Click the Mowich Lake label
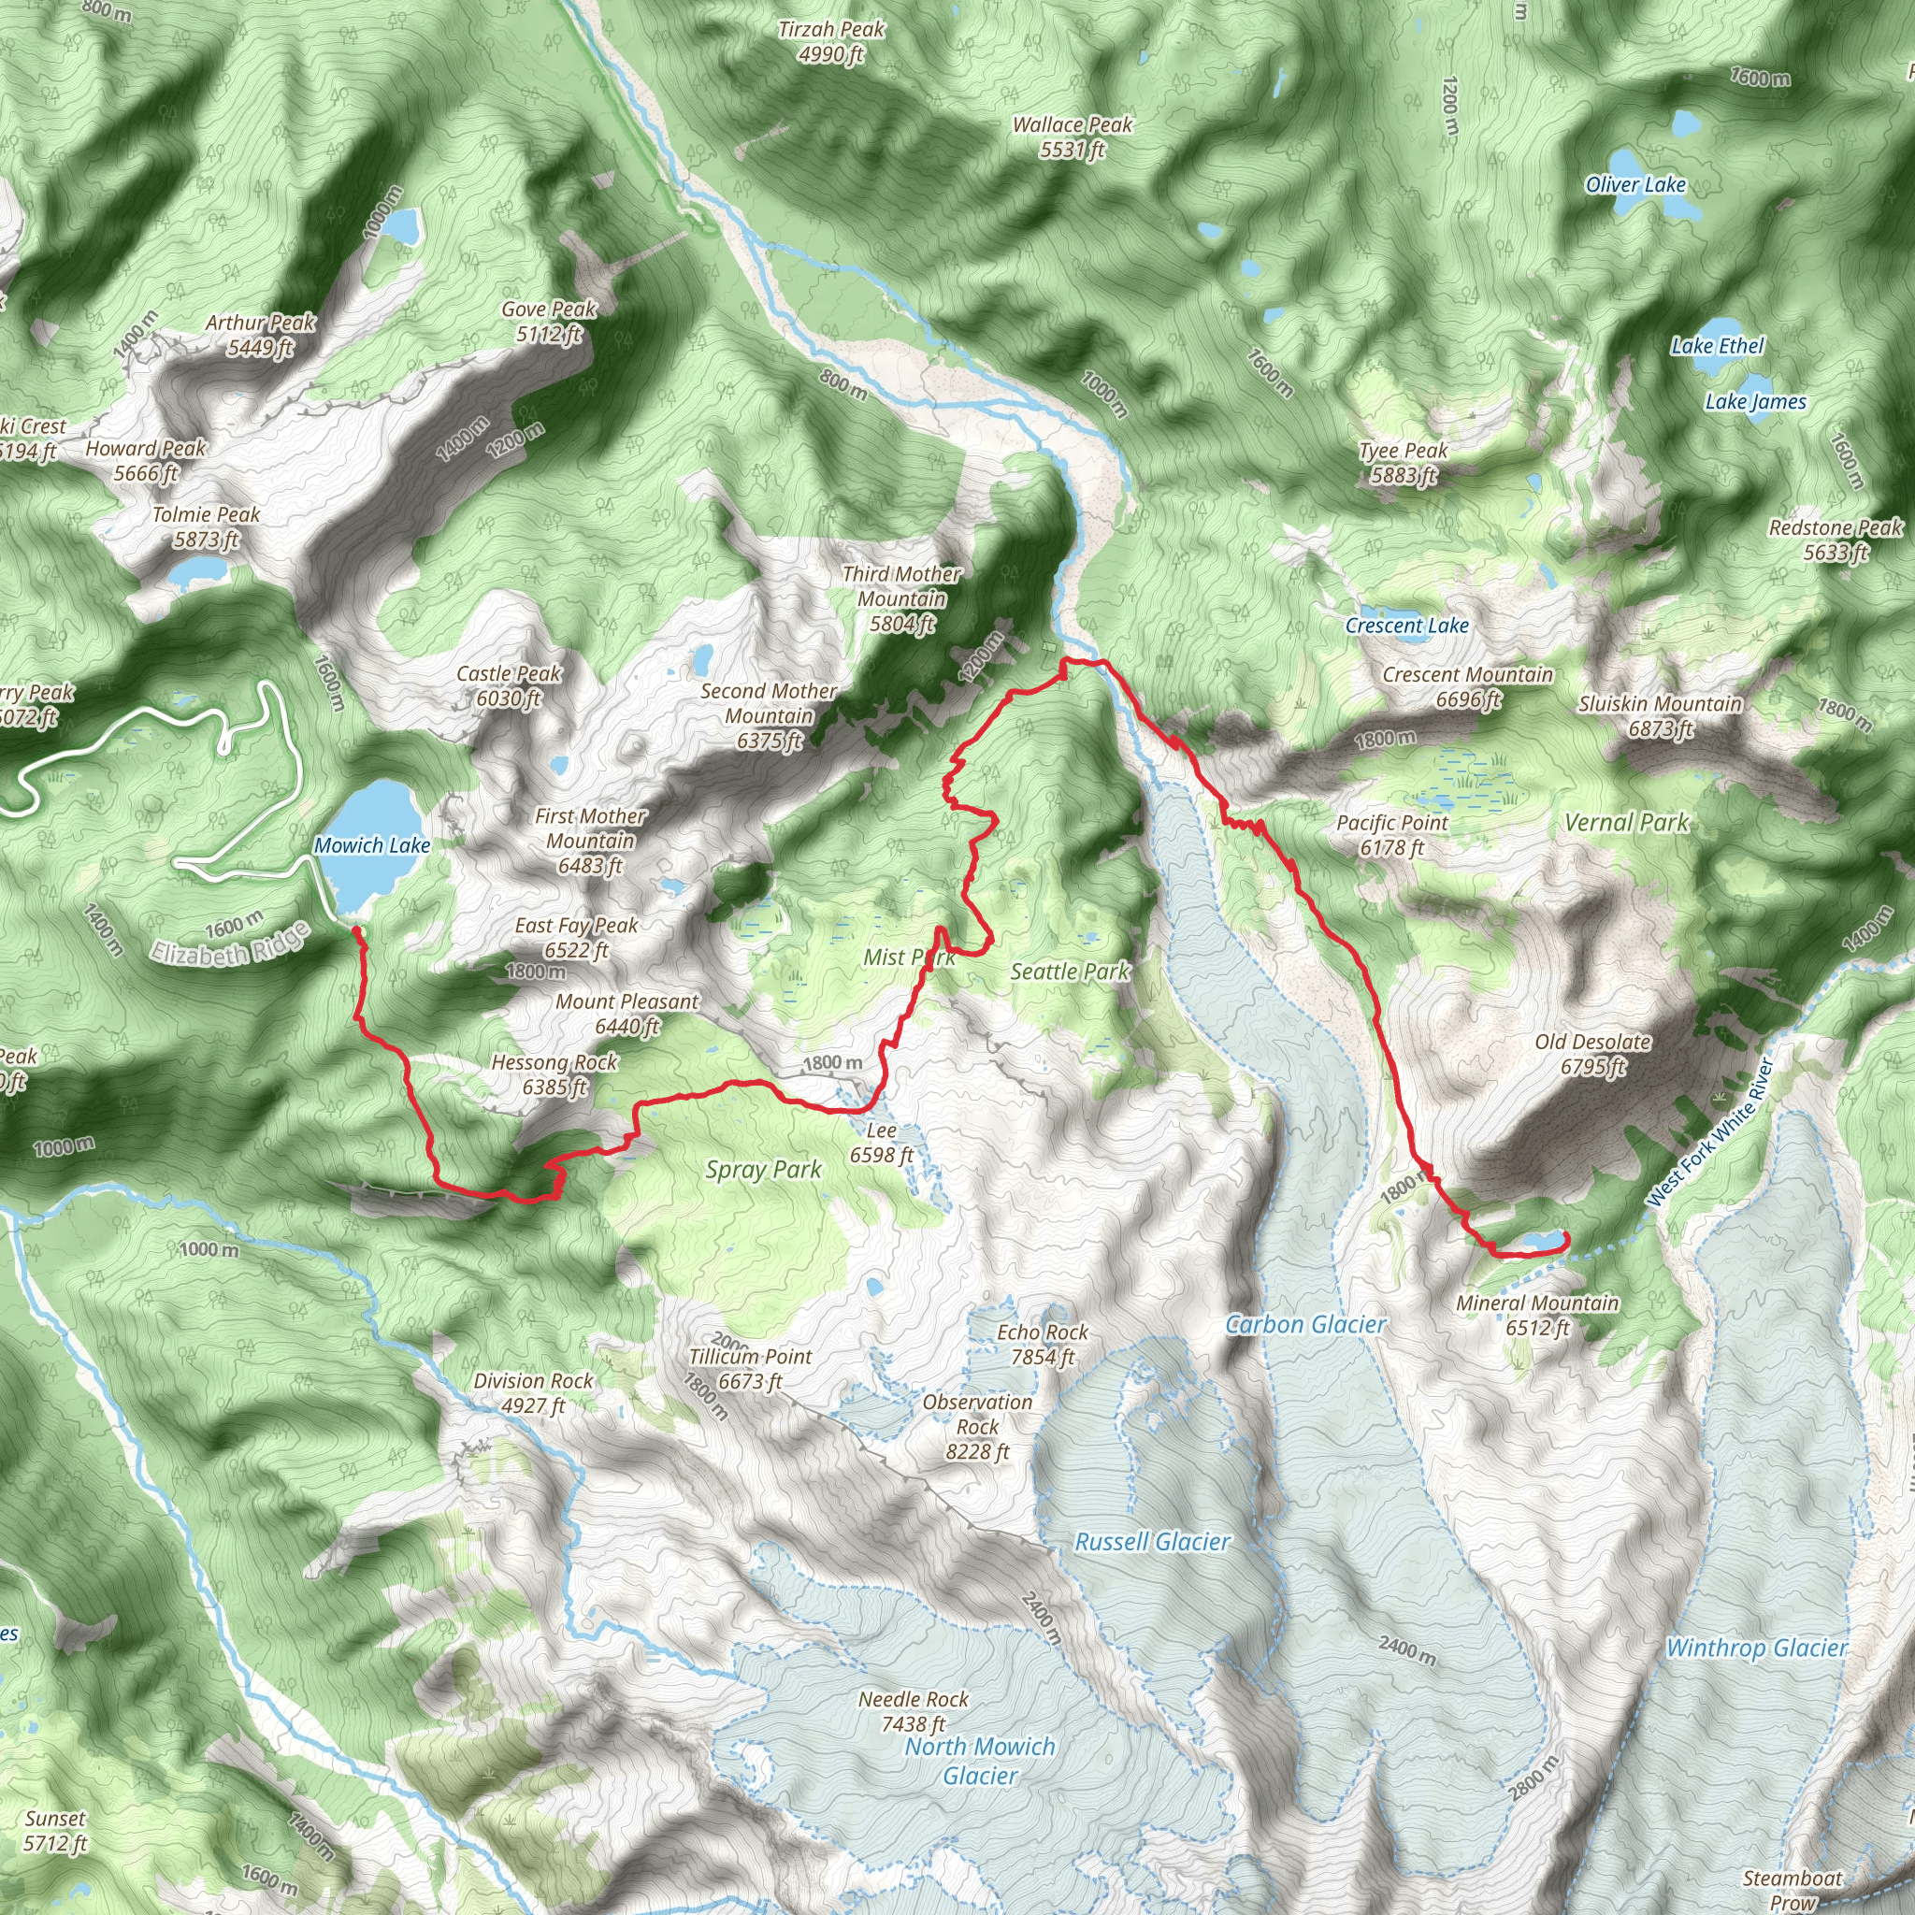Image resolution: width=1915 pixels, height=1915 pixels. click(x=372, y=845)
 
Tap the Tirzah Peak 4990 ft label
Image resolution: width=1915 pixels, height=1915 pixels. click(x=830, y=42)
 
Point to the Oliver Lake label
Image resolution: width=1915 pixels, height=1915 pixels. click(x=1634, y=184)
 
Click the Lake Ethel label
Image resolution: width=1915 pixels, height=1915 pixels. click(x=1717, y=346)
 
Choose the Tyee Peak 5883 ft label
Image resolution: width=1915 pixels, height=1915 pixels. click(x=1403, y=463)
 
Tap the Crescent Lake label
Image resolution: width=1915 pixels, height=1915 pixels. click(x=1405, y=626)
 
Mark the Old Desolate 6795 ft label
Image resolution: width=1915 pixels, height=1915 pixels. click(x=1591, y=1054)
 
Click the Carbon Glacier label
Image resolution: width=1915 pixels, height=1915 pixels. click(x=1305, y=1324)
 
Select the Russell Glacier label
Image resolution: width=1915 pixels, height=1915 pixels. click(x=1152, y=1541)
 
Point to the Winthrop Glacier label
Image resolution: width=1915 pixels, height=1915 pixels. click(x=1756, y=1648)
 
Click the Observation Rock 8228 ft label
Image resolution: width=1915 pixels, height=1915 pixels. click(x=976, y=1426)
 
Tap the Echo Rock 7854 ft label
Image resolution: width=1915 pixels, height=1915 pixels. click(x=1042, y=1344)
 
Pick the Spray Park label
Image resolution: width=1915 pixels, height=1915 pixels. click(x=763, y=1170)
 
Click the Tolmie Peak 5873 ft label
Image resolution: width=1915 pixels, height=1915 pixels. click(x=205, y=526)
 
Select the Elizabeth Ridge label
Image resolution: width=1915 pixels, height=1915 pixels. click(x=230, y=943)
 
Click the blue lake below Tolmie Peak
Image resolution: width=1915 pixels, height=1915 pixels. click(x=198, y=571)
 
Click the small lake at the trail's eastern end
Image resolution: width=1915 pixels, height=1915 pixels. click(x=1541, y=1240)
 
